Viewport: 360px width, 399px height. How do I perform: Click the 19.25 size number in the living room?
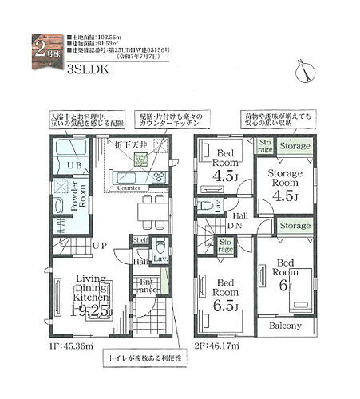(90, 311)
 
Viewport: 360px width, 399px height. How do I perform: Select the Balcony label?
(283, 327)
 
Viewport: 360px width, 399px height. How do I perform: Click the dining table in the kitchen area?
(148, 212)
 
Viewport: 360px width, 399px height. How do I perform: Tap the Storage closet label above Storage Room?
(295, 147)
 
